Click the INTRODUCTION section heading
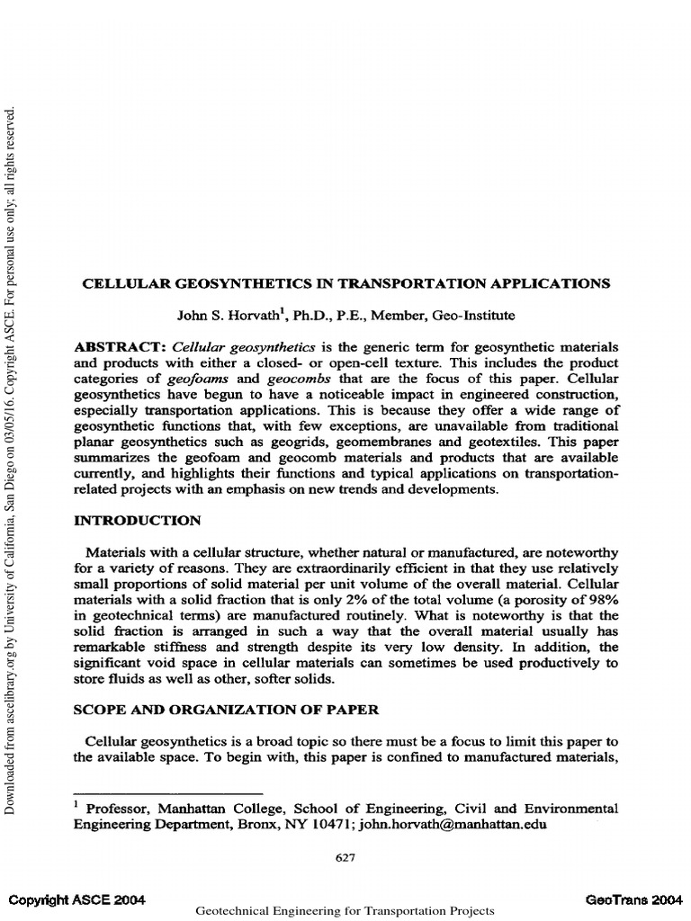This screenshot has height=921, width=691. pyautogui.click(x=137, y=520)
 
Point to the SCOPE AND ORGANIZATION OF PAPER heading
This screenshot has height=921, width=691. pyautogui.click(x=226, y=709)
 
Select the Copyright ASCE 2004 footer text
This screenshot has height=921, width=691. pyautogui.click(x=77, y=899)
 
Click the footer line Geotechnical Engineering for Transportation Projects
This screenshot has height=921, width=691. pyautogui.click(x=345, y=910)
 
